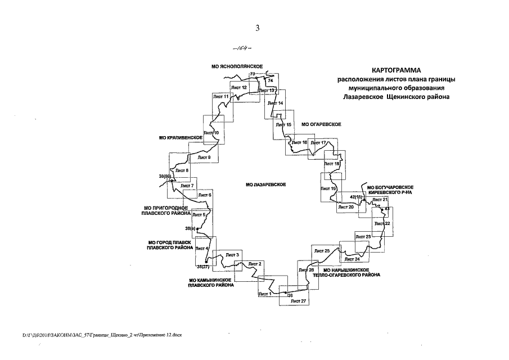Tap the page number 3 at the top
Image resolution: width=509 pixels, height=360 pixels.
(257, 28)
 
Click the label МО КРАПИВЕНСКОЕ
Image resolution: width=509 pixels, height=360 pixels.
(181, 137)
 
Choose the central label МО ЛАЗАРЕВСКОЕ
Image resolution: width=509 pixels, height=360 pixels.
(266, 184)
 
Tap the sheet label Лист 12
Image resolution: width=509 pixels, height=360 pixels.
(238, 88)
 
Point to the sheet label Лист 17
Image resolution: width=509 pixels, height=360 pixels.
(319, 143)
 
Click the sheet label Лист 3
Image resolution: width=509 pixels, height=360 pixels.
(232, 255)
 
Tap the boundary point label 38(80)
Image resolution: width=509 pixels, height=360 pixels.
(165, 177)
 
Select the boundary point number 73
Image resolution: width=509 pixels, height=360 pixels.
(253, 74)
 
